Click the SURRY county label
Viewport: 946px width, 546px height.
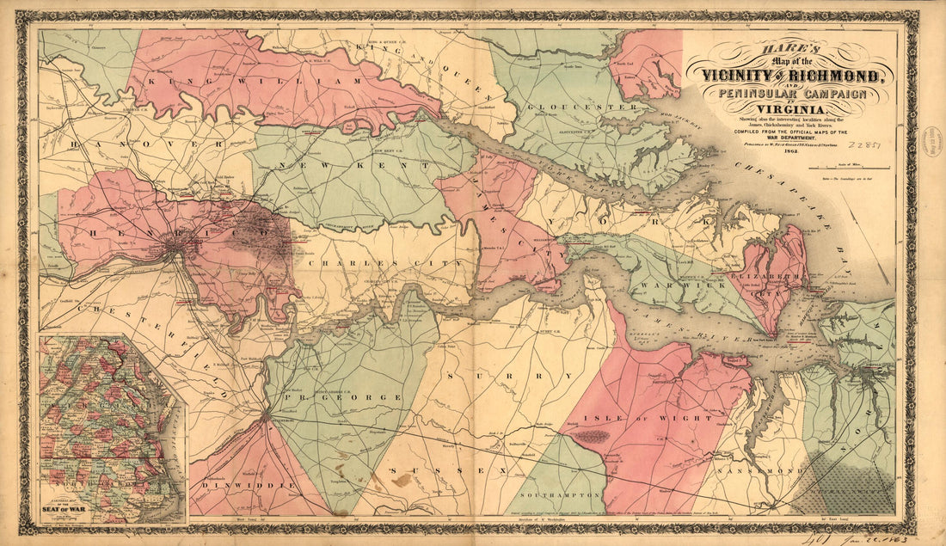[x=499, y=377]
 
